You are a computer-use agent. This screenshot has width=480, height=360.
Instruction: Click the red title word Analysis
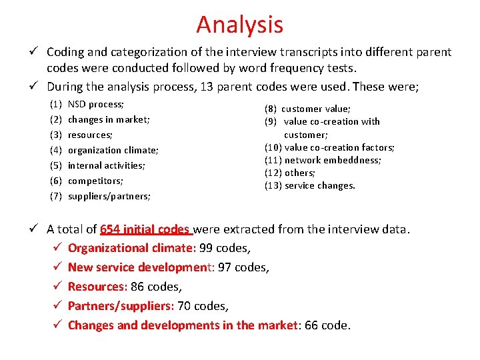coord(239,25)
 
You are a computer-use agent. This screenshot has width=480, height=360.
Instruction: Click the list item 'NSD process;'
coord(96,105)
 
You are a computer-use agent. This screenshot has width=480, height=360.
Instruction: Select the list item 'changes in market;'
coord(109,120)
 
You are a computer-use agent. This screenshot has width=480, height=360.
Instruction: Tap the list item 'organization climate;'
coord(113,151)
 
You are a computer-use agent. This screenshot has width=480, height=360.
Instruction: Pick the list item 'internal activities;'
coord(106,166)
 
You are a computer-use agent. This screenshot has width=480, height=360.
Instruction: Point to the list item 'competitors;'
coord(96,181)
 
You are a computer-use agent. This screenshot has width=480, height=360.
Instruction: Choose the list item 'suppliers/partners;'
coord(109,197)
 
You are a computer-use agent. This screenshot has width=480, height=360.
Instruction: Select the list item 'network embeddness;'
coord(333,160)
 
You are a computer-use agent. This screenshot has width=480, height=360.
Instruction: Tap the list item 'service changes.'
coord(320,186)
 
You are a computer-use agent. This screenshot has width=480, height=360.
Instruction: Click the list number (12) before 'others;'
coord(273,173)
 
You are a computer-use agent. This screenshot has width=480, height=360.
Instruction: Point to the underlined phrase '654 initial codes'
coord(145,229)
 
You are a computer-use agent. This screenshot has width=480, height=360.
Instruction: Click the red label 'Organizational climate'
coord(131,248)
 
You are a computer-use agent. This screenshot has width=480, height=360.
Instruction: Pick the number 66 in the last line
coord(311,325)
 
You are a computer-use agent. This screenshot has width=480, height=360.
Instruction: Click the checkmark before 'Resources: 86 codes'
coord(58,287)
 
